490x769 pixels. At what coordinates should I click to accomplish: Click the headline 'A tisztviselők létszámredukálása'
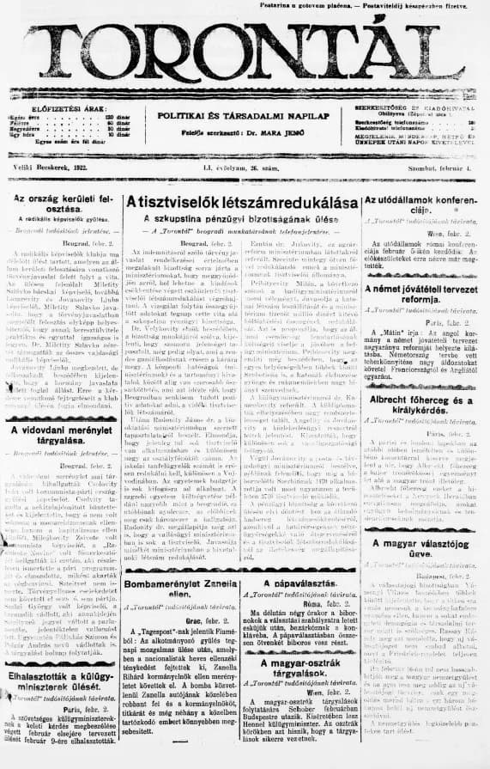243,202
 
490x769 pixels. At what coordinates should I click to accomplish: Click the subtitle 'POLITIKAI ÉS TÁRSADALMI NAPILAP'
244,115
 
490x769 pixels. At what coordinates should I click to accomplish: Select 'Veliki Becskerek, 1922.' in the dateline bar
51,168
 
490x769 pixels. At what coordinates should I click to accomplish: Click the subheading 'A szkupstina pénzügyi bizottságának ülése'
243,219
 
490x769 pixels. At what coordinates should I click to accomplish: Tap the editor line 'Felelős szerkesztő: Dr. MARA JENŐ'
244,131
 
